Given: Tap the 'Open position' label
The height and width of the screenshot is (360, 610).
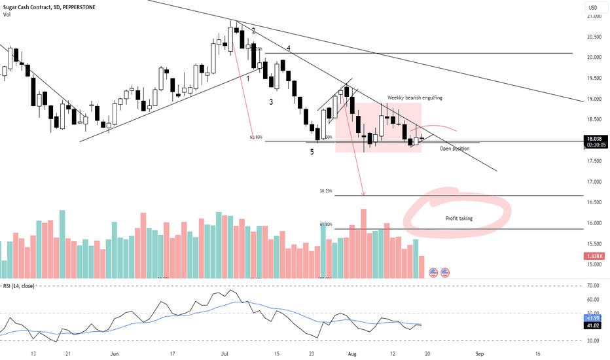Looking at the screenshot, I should (454, 149).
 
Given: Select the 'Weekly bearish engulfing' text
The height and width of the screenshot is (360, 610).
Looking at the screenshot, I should (415, 98).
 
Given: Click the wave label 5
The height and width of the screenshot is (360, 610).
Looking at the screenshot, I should (312, 152).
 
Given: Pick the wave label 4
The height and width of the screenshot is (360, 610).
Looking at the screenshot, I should (289, 48).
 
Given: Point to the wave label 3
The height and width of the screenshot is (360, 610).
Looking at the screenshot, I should (271, 102).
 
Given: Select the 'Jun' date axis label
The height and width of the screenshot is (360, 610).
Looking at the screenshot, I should (115, 353).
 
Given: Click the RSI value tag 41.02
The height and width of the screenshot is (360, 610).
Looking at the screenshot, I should (593, 325).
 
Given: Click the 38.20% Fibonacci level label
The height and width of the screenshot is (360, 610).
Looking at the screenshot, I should (326, 191).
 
